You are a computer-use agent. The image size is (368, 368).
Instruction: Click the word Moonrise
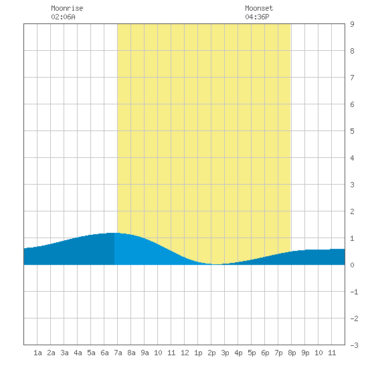pos(67,8)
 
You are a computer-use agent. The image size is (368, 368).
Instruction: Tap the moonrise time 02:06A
pos(63,17)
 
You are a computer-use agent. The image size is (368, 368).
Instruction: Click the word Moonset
pos(259,8)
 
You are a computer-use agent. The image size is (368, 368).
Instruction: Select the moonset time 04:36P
pos(257,17)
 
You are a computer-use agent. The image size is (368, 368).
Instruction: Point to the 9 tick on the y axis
pos(352,24)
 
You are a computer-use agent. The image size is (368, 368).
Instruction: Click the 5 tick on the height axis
pos(352,131)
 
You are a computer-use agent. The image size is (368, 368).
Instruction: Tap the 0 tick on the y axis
pos(352,265)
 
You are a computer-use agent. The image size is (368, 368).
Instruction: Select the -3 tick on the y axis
pos(354,345)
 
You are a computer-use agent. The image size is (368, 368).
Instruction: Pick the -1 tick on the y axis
pos(354,292)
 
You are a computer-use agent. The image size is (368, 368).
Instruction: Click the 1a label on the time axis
pos(37,353)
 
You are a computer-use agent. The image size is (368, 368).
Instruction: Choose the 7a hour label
pos(118,353)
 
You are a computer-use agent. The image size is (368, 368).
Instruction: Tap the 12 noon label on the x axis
pos(185,353)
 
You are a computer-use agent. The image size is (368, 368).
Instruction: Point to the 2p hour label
pos(211,353)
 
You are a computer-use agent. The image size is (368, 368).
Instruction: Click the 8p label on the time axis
pos(292,353)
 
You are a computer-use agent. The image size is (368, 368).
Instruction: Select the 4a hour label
pos(78,353)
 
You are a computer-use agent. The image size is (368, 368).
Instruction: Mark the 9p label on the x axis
pos(305,353)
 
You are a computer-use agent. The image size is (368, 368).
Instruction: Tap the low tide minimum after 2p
pos(217,264)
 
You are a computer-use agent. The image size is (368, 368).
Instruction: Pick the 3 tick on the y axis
pos(352,185)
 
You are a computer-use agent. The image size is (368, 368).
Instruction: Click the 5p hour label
pos(252,353)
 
